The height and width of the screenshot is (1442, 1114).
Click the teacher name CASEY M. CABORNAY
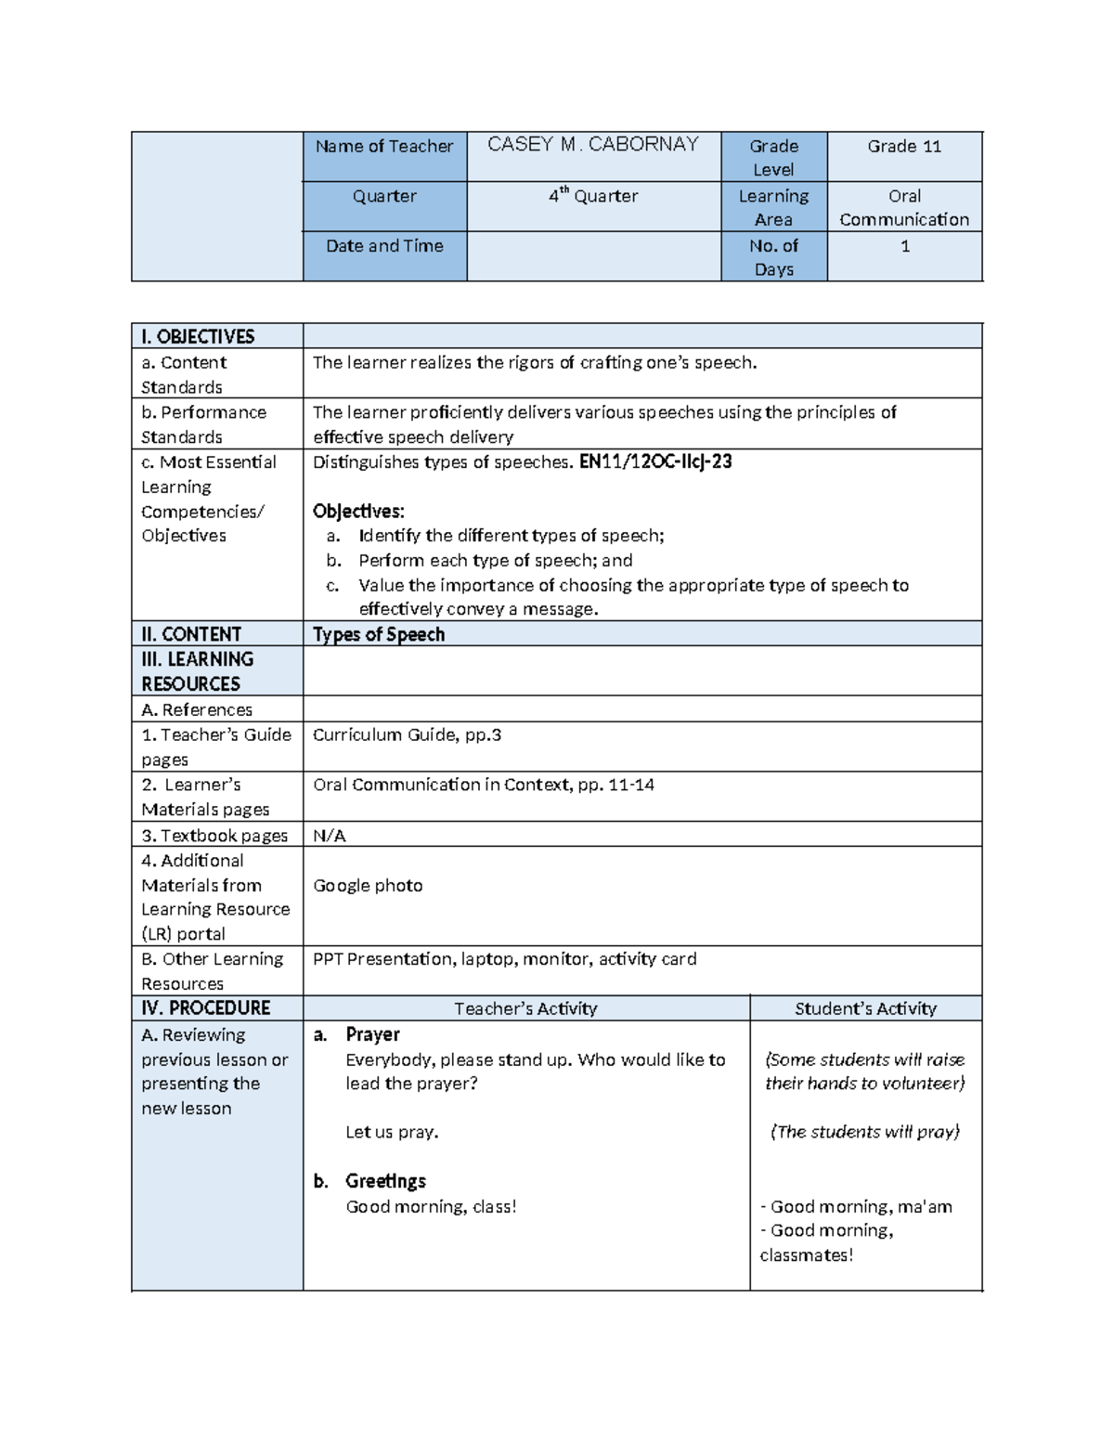coord(592,145)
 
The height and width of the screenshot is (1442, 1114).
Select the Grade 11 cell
coord(904,146)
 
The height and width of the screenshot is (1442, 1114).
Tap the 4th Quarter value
coord(592,196)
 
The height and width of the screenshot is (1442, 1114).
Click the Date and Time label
coord(384,246)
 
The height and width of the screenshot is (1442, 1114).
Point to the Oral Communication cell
coord(904,208)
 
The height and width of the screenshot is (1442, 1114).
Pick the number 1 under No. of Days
coord(905,246)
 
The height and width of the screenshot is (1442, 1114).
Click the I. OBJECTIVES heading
coord(198,336)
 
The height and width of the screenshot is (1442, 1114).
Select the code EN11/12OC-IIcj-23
coord(655,461)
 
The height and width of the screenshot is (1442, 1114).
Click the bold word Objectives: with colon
coord(358,512)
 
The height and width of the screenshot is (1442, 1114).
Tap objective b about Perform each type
coord(495,561)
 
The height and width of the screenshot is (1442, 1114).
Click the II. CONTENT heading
coord(191,634)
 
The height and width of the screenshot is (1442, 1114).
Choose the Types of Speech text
coord(379,634)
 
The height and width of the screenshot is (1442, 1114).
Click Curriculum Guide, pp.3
coord(407,735)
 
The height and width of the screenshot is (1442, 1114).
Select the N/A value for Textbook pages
coord(329,836)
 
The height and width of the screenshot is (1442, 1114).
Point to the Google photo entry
coord(368,886)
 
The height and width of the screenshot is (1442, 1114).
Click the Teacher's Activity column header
coord(525,1008)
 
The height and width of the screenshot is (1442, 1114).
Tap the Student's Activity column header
coord(865,1008)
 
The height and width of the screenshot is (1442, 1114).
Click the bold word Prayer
coord(372,1034)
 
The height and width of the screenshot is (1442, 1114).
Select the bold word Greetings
coord(385,1181)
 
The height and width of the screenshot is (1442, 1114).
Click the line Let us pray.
coord(392,1132)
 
